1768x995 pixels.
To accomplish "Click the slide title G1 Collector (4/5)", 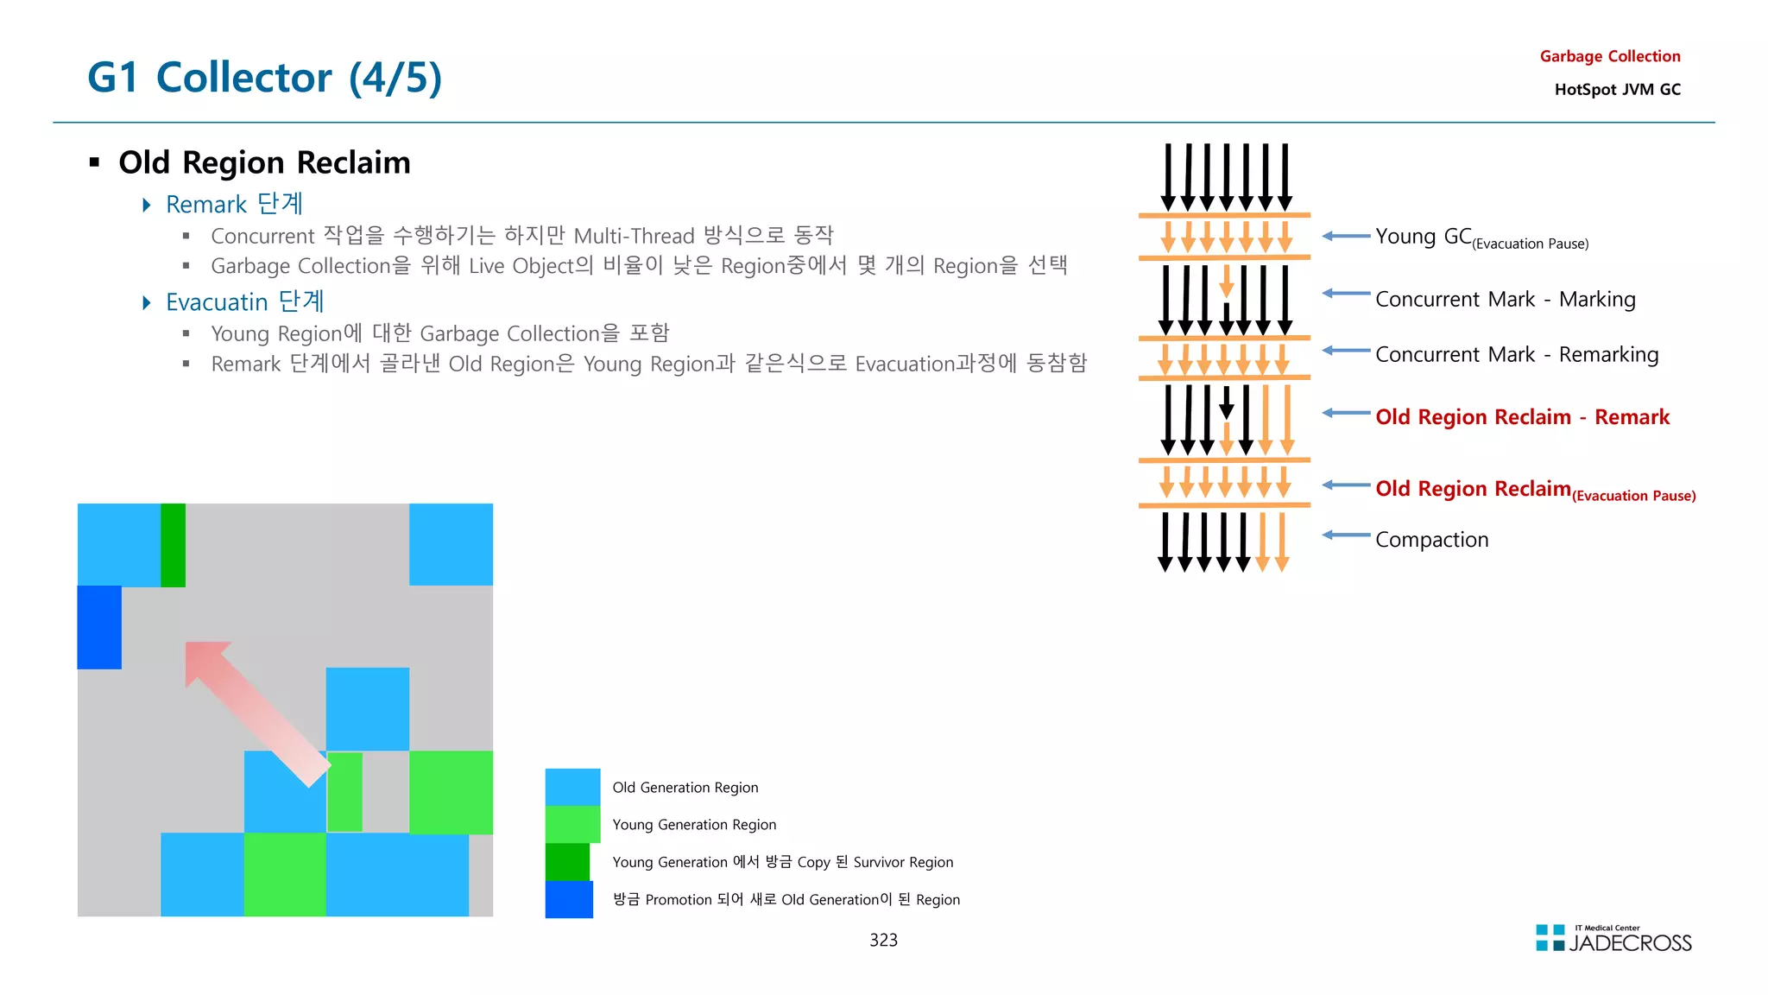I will click(x=264, y=78).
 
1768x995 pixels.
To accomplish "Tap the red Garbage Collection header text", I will click(x=1609, y=56).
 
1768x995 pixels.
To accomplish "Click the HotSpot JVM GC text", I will click(x=1617, y=89).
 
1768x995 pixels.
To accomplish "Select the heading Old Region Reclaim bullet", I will click(x=264, y=162).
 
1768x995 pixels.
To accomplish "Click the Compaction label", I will click(x=1431, y=540).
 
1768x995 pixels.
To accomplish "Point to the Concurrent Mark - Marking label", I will click(x=1505, y=299).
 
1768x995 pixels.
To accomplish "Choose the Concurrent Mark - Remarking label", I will click(x=1516, y=354).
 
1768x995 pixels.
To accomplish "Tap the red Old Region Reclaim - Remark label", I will click(x=1522, y=417).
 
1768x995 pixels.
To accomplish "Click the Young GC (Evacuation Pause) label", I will click(x=1481, y=238).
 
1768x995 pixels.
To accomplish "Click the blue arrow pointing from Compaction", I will click(x=1346, y=536).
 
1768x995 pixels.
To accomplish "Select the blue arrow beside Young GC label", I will click(x=1346, y=236).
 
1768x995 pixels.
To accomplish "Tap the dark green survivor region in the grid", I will click(x=173, y=545).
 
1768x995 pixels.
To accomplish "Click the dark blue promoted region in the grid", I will click(x=99, y=627).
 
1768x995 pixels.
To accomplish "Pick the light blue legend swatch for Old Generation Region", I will click(x=572, y=787).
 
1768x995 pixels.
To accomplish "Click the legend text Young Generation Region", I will click(x=694, y=825).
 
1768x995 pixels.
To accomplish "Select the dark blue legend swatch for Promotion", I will click(x=569, y=899).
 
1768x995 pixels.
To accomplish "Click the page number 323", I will click(x=883, y=940).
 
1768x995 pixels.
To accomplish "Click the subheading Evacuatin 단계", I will click(x=244, y=301).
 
